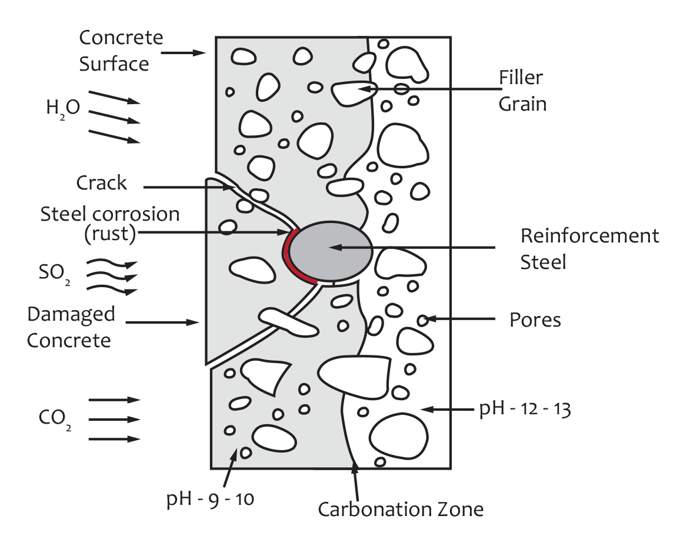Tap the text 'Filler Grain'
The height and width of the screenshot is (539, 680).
[x=522, y=91]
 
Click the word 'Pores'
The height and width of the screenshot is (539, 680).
[x=535, y=320]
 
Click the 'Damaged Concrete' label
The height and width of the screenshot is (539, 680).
[x=71, y=327]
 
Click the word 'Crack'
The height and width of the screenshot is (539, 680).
[x=101, y=182]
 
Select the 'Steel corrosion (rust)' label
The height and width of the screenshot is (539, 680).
[x=109, y=224]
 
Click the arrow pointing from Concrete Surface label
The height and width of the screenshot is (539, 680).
[x=182, y=53]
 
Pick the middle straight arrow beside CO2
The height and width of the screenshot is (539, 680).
[x=115, y=420]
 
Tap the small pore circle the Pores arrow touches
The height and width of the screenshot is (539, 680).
[x=422, y=320]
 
